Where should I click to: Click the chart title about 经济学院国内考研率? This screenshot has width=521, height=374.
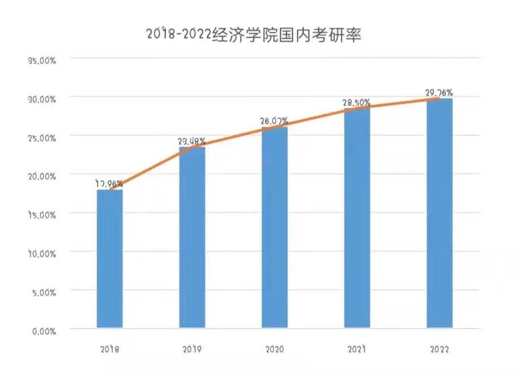254,35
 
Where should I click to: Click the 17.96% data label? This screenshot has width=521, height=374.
110,184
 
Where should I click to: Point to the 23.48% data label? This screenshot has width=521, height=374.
192,141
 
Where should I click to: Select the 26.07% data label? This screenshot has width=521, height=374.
274,121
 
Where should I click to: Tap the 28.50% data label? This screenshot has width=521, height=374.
357,103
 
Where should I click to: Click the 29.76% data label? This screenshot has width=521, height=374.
439,93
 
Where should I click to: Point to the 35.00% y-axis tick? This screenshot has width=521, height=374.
42,61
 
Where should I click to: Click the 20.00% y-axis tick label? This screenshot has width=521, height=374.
42,176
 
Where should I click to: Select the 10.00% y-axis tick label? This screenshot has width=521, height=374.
42,254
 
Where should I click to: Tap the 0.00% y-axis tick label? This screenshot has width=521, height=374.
44,331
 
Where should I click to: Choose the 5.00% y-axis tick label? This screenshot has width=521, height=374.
44,293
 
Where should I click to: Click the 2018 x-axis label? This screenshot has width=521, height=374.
110,349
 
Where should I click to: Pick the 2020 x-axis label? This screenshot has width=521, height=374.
274,349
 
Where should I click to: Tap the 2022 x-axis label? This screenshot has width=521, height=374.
439,349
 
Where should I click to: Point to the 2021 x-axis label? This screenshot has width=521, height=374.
357,349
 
